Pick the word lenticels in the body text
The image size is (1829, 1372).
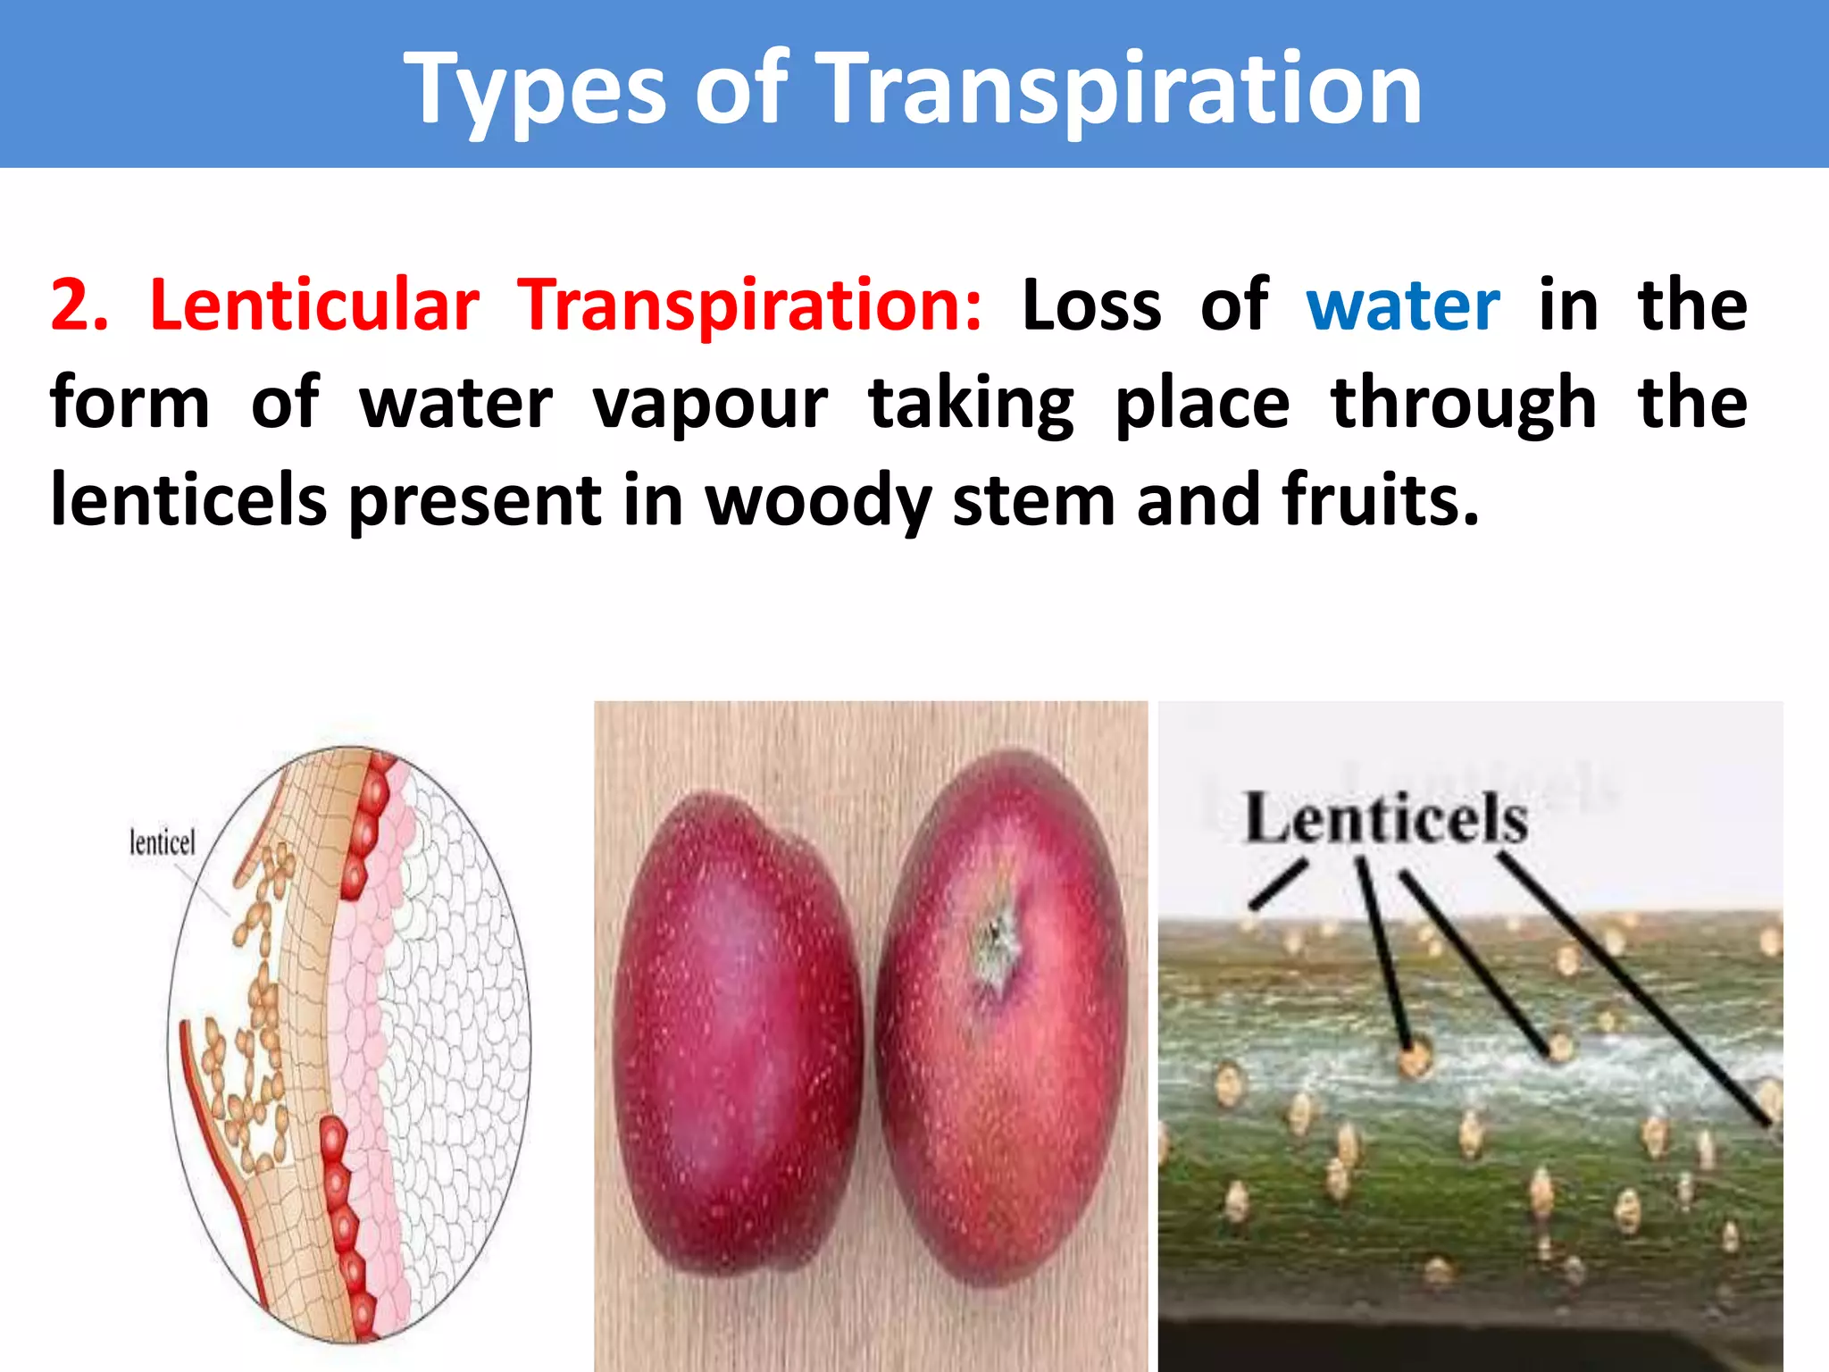[188, 500]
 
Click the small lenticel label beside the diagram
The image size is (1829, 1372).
[162, 841]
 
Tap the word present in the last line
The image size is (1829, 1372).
[474, 500]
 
